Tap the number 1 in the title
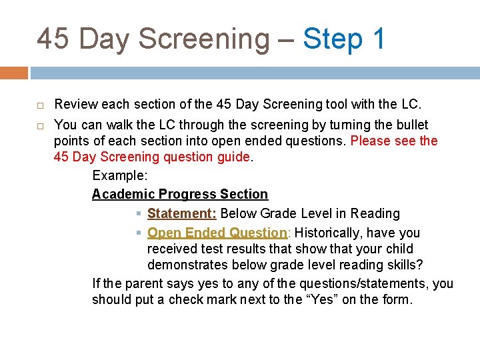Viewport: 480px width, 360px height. (379, 39)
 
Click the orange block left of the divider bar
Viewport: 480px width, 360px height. (13, 72)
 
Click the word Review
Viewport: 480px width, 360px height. (75, 105)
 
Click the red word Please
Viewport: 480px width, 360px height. (371, 141)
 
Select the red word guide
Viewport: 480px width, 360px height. (231, 157)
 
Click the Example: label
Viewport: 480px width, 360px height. (120, 175)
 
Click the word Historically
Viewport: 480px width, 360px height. (332, 233)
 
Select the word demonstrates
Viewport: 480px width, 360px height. (189, 265)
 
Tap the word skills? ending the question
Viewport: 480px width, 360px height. (403, 265)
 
